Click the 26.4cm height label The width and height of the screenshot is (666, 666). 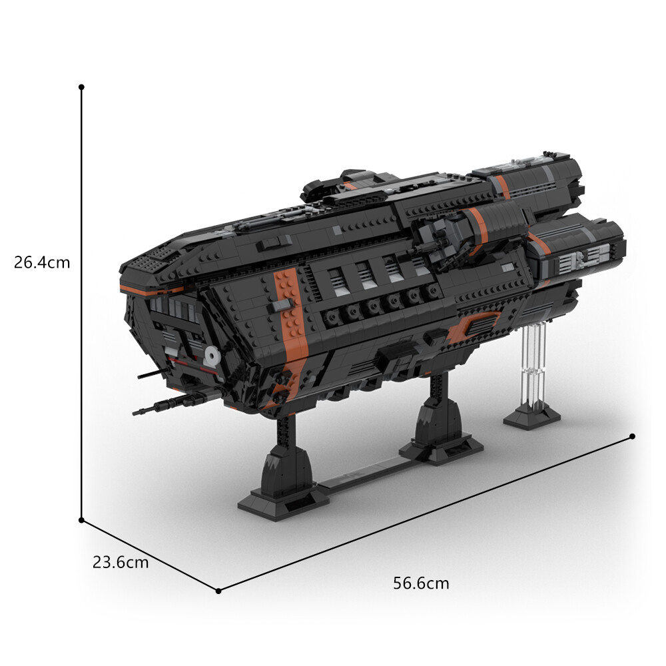[42, 262]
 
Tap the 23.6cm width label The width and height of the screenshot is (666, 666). [121, 562]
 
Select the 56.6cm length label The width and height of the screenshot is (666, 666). [421, 584]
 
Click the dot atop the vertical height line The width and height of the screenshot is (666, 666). [81, 87]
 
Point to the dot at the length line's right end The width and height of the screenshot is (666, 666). [631, 436]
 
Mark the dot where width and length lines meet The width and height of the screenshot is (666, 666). [218, 590]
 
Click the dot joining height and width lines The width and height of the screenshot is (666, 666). [81, 519]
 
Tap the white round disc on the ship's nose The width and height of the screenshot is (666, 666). [212, 356]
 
